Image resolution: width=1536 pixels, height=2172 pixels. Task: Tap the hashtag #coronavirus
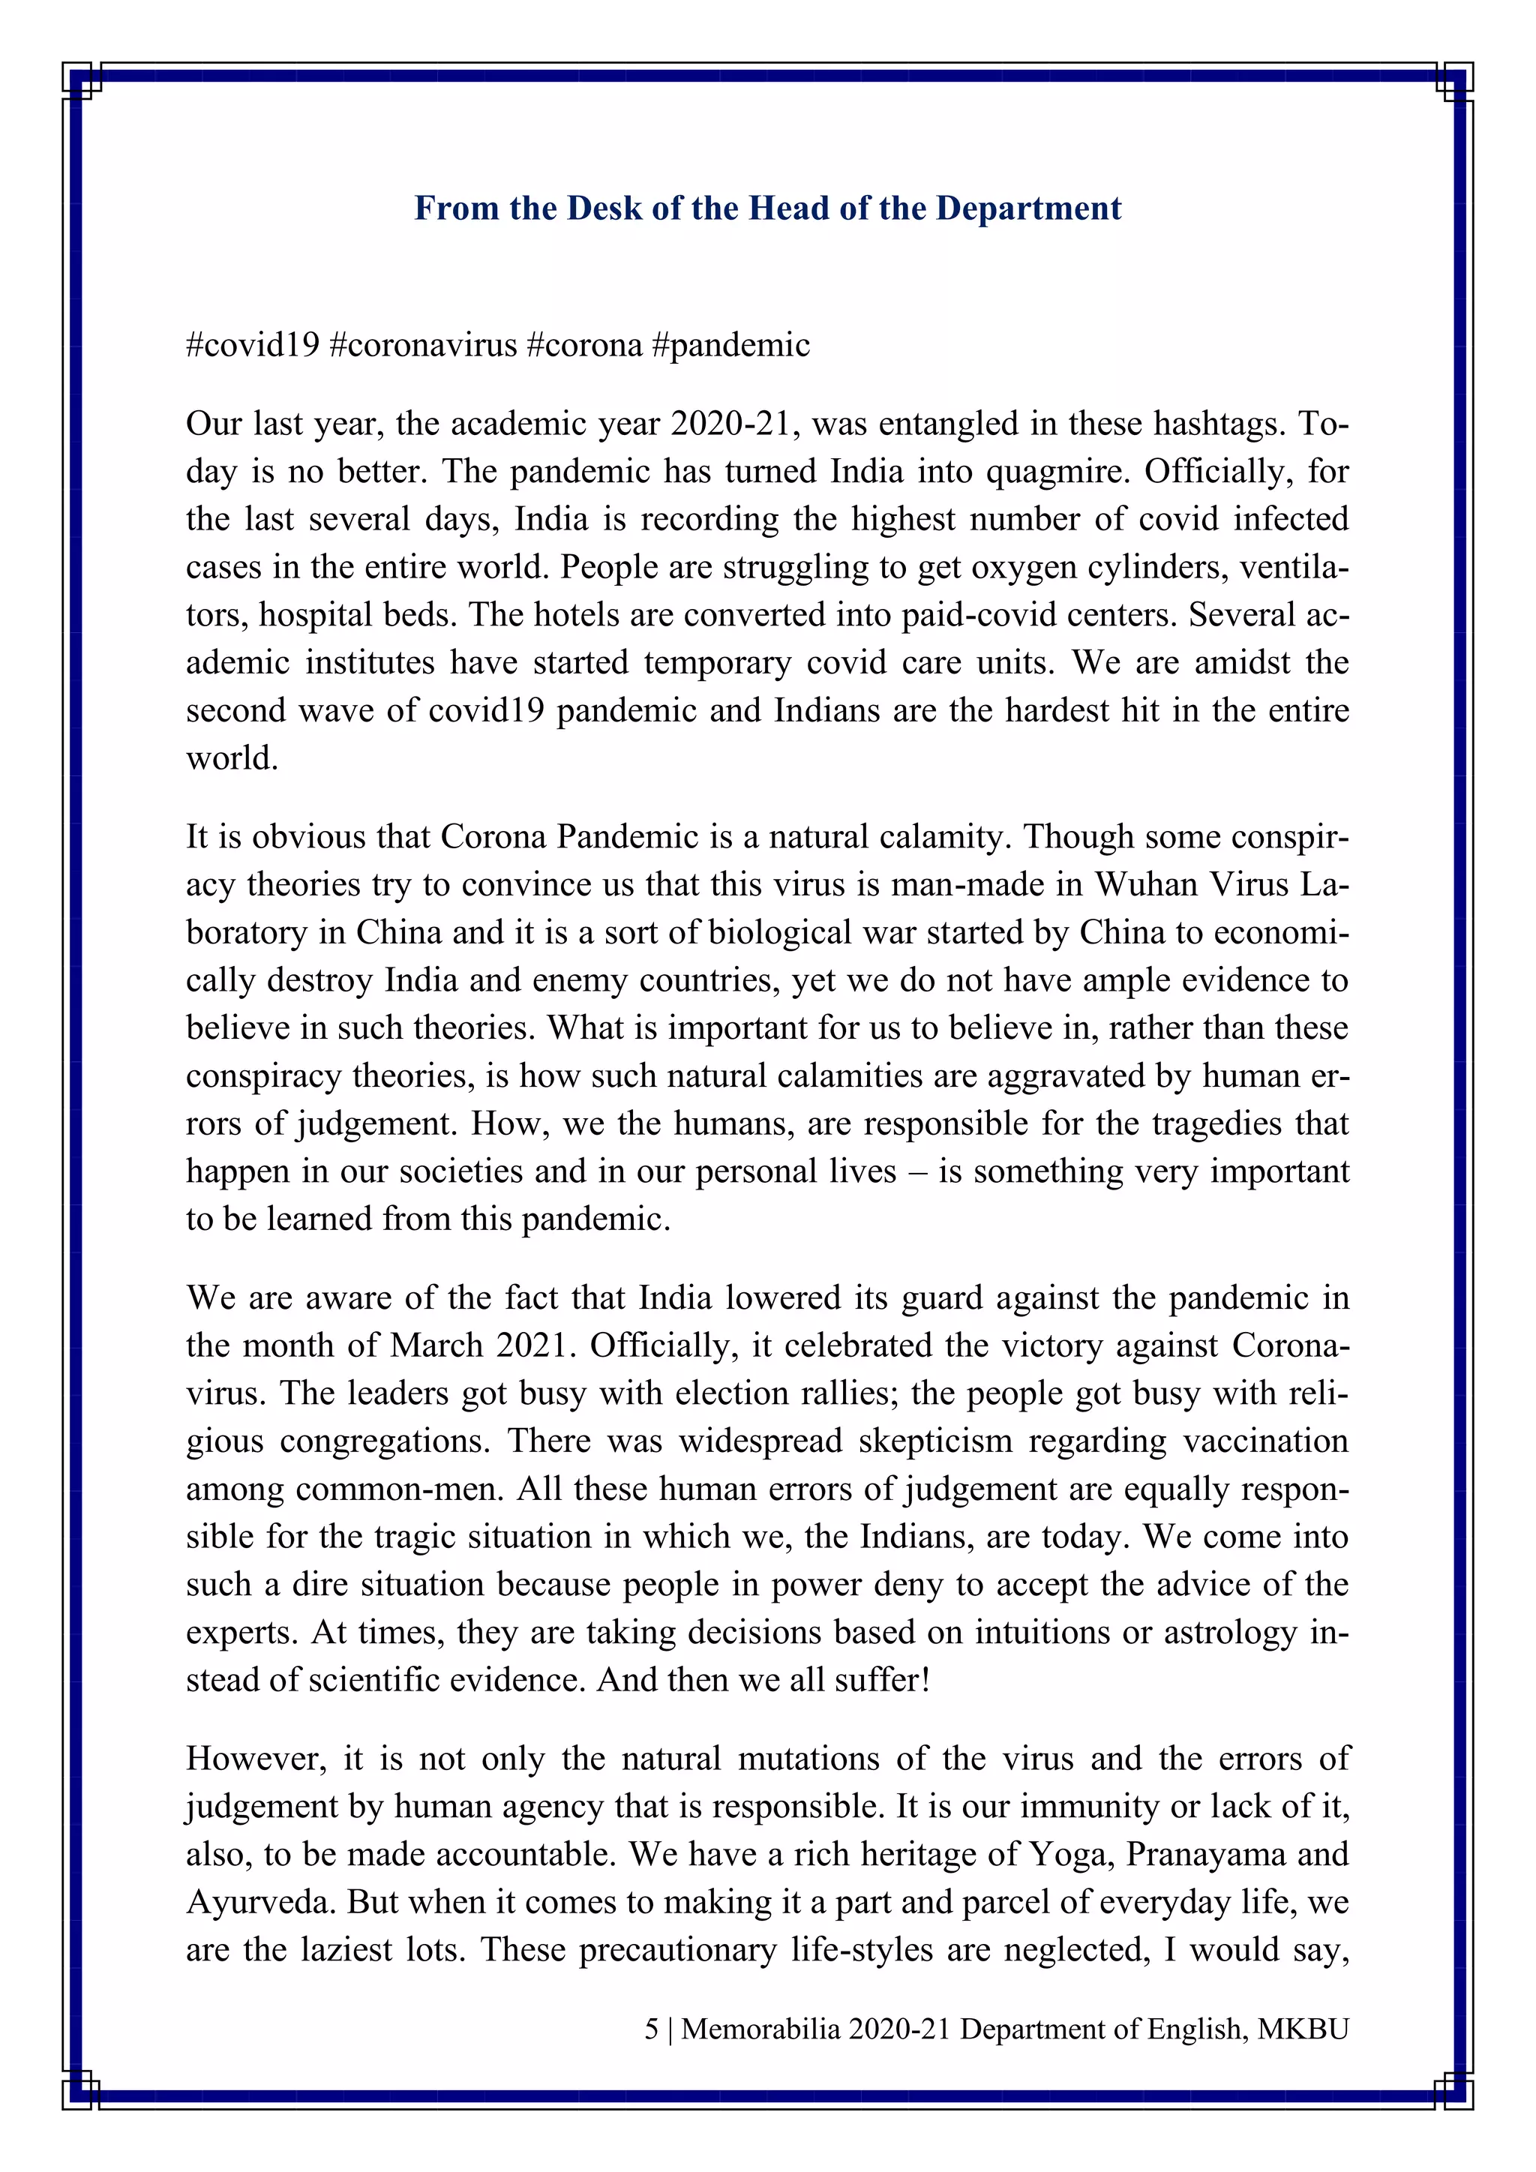coord(423,345)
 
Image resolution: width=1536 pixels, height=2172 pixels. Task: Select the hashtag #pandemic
coord(730,345)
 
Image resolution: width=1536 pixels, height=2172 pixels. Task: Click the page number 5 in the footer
coord(652,2029)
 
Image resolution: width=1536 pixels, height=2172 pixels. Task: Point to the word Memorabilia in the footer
coord(760,2029)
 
